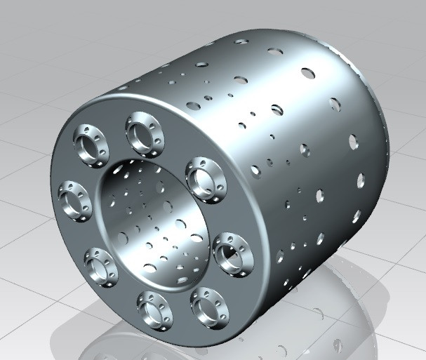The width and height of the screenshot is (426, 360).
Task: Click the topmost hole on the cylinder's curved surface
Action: tap(241, 41)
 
